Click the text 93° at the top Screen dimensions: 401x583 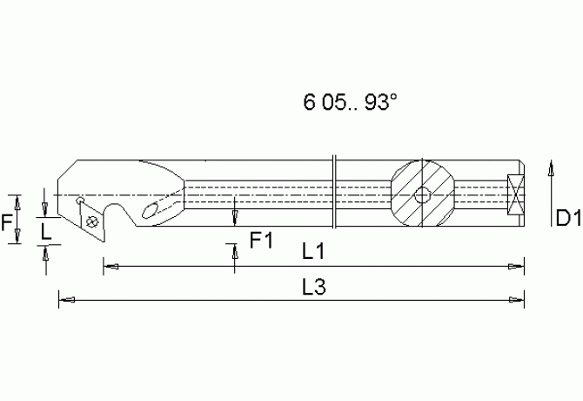click(x=380, y=102)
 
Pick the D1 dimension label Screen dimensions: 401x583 click(x=568, y=217)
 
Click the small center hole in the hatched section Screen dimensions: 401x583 click(x=422, y=195)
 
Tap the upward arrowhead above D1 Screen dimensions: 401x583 click(x=550, y=167)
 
